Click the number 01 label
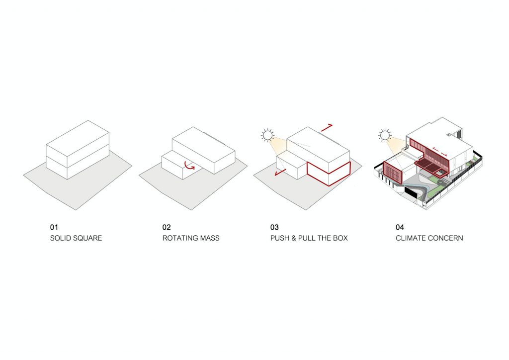[x=54, y=227]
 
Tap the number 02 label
[x=167, y=227]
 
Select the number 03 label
[x=274, y=227]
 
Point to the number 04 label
[x=400, y=227]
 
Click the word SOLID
[x=59, y=238]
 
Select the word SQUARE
[x=85, y=238]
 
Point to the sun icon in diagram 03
[x=267, y=135]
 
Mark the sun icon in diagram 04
[x=385, y=135]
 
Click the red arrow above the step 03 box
[x=327, y=128]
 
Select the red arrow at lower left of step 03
[x=280, y=173]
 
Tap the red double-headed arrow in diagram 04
[x=440, y=152]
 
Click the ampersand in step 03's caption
[x=294, y=238]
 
